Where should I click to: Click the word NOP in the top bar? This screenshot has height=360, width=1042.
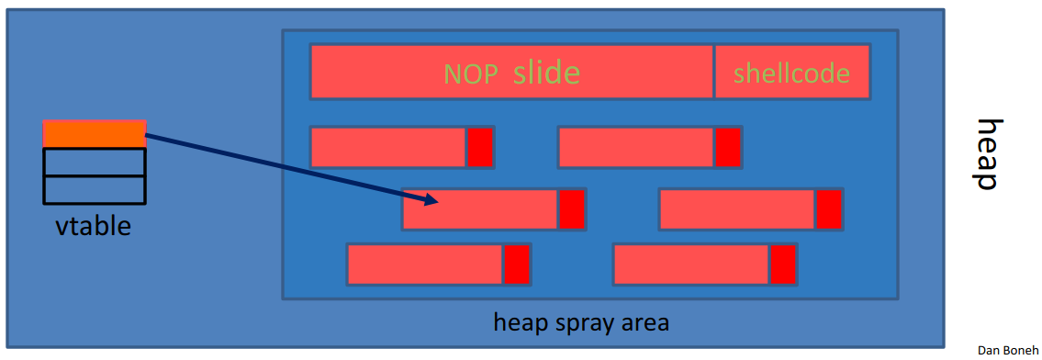(x=473, y=73)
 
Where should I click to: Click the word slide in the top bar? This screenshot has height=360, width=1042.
(x=546, y=72)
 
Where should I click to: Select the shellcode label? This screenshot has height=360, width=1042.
(x=791, y=73)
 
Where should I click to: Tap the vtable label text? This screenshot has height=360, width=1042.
(x=92, y=224)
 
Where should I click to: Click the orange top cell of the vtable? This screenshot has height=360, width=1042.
(x=95, y=134)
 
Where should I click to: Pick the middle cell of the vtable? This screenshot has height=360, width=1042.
(x=95, y=162)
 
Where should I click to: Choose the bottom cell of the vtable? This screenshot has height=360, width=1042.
(x=95, y=189)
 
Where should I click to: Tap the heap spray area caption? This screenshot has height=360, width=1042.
(x=581, y=322)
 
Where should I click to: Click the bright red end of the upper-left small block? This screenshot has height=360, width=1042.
(x=480, y=147)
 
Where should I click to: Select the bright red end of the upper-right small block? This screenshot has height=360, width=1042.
(x=728, y=147)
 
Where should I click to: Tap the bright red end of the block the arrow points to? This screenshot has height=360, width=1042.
(x=572, y=209)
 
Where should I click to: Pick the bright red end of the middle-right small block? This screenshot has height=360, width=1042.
(x=829, y=209)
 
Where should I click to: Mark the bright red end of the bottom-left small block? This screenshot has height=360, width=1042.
(x=517, y=264)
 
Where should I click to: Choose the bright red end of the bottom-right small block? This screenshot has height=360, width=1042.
(x=783, y=264)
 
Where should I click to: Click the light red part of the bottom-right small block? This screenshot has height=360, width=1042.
(x=690, y=264)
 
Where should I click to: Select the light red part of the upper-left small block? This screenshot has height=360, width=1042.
(x=388, y=147)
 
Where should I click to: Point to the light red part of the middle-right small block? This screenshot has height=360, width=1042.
(x=736, y=209)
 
